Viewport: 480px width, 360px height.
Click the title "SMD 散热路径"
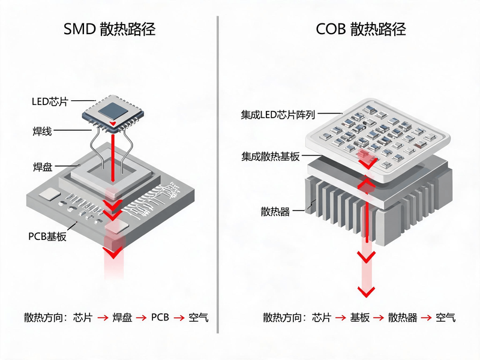(109, 29)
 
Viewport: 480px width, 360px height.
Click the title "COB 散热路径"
(361, 29)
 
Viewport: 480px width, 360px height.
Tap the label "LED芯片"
(50, 101)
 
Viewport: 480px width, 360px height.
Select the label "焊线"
(42, 131)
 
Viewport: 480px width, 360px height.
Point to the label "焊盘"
(43, 167)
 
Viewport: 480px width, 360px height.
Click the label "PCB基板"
(47, 236)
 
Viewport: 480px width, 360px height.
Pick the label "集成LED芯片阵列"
(278, 115)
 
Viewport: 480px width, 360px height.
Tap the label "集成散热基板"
(271, 157)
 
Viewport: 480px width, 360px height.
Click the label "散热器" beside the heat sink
(275, 212)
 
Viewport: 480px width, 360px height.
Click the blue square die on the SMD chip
(113, 112)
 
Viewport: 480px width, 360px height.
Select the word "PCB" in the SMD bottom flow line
(160, 317)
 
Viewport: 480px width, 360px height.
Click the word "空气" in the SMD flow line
(199, 317)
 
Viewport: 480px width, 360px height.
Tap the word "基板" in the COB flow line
(360, 317)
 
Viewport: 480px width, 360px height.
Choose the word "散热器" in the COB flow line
(403, 317)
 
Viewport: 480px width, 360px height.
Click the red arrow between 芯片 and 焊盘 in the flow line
(103, 318)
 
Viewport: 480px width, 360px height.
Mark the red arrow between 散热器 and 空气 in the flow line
(427, 318)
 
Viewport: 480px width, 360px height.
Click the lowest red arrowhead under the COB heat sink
(366, 292)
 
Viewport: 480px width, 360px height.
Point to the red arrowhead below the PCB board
(113, 253)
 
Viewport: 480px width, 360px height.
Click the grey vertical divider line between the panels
(218, 175)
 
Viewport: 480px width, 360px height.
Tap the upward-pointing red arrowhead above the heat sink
(366, 183)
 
